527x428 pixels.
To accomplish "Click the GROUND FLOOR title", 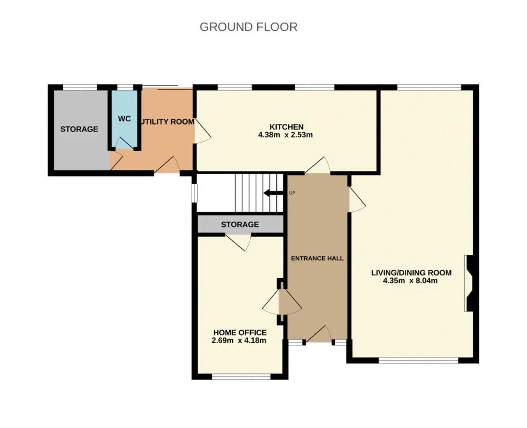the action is [248, 27].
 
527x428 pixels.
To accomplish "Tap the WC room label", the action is [124, 119].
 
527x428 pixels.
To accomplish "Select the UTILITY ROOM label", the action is [167, 122].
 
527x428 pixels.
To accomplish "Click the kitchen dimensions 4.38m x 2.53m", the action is [285, 135].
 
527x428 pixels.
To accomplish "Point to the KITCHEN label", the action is [286, 127].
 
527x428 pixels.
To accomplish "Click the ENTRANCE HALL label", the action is [317, 258].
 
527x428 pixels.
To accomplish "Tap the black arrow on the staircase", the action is [273, 193].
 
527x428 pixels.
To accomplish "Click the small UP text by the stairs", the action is [292, 193].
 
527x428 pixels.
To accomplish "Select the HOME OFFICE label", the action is [240, 333].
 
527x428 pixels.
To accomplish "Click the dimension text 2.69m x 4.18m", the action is [239, 340].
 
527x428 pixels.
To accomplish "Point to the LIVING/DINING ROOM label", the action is [411, 273].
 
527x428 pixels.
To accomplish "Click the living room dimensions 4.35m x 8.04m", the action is [410, 281].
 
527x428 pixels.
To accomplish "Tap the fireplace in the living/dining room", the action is [469, 284].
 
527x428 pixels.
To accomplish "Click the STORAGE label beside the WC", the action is [79, 129].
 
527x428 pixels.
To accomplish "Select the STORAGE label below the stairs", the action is [240, 225].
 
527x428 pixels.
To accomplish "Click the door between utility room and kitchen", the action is [203, 130].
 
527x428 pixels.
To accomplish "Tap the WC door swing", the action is [125, 143].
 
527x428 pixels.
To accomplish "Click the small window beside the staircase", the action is [195, 193].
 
